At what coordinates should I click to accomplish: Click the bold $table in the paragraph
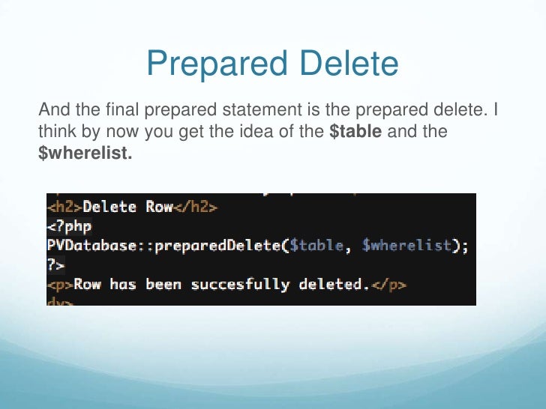(355, 132)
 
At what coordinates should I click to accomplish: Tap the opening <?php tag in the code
(63, 225)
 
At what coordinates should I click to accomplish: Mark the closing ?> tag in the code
(55, 264)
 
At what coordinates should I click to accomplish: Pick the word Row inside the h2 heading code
(159, 206)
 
